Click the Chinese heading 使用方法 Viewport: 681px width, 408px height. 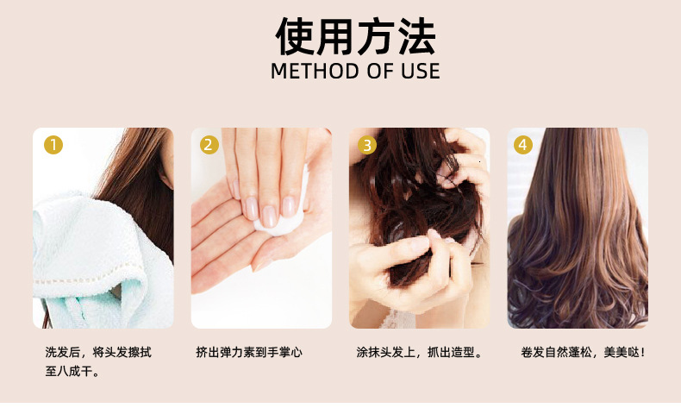click(355, 36)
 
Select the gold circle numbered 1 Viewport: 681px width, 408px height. click(53, 145)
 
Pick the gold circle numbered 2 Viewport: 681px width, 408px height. click(209, 145)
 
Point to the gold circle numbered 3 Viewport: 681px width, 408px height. click(367, 145)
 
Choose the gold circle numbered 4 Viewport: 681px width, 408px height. click(523, 145)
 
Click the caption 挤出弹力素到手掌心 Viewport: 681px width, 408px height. click(249, 352)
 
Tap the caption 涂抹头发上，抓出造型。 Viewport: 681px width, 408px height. click(420, 352)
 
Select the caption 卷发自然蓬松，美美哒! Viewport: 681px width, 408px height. click(583, 352)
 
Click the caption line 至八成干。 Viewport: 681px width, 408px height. click(72, 372)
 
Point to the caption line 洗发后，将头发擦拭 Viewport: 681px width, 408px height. click(98, 352)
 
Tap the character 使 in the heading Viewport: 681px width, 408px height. click(295, 36)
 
